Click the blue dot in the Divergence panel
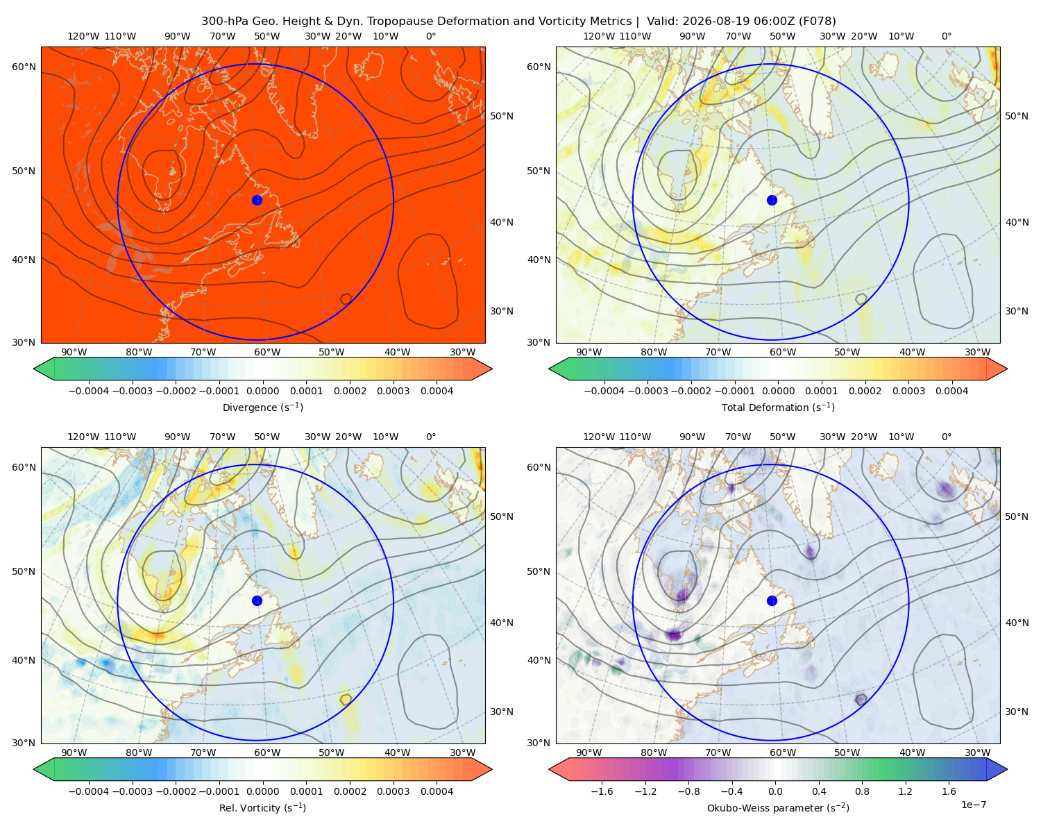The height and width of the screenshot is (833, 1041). pos(257,200)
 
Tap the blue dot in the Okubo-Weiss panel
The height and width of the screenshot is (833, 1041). pos(772,600)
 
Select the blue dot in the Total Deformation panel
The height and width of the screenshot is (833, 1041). pos(772,200)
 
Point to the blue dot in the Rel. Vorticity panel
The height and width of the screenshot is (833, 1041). pos(257,600)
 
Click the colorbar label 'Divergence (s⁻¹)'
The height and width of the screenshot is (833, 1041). pos(262,407)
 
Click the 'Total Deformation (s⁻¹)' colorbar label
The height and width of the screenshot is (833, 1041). pos(778,407)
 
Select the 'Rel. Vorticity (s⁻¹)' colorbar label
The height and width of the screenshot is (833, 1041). pos(262,807)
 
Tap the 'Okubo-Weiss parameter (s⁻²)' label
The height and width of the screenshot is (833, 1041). pos(778,807)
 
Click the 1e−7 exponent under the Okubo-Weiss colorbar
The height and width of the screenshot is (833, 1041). pos(973,805)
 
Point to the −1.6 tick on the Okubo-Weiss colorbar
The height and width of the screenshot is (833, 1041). pos(602,791)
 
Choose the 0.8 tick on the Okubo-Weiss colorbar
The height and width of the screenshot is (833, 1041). pos(862,791)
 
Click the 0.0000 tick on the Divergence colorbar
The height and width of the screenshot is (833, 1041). pos(262,391)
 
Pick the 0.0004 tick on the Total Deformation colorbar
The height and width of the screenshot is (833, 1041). pos(951,391)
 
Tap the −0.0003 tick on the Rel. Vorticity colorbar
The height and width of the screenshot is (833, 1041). pos(132,791)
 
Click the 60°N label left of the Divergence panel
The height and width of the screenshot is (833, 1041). pos(24,67)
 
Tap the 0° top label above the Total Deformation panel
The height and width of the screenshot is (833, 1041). pos(946,36)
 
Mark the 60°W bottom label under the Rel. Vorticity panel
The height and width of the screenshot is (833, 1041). pos(267,752)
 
